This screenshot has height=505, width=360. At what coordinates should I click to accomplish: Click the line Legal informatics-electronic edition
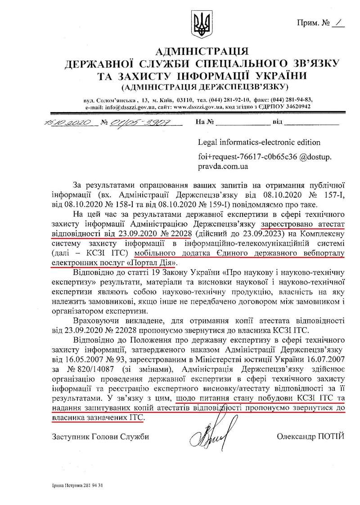tap(259, 142)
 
